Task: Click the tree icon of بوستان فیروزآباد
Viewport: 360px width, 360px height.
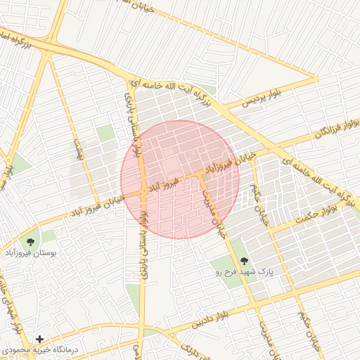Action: (x=30, y=240)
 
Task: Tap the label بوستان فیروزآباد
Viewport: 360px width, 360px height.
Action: (x=30, y=251)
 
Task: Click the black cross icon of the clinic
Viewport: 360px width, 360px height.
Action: (x=39, y=339)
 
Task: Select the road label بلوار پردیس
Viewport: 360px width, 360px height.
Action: (x=259, y=98)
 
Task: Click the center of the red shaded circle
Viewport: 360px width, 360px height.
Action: (x=180, y=179)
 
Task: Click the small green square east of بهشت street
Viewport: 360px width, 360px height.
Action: (x=105, y=133)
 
